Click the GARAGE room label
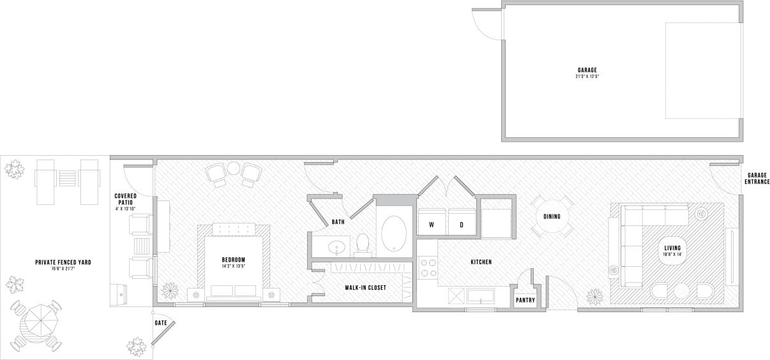[x=587, y=70]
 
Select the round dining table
[x=552, y=216]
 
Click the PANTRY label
[x=525, y=301]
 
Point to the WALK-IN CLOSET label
[x=365, y=288]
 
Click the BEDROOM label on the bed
[x=233, y=260]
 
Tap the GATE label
[x=161, y=323]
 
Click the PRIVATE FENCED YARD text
[x=63, y=262]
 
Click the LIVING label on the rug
[x=672, y=248]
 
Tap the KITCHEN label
[x=481, y=262]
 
